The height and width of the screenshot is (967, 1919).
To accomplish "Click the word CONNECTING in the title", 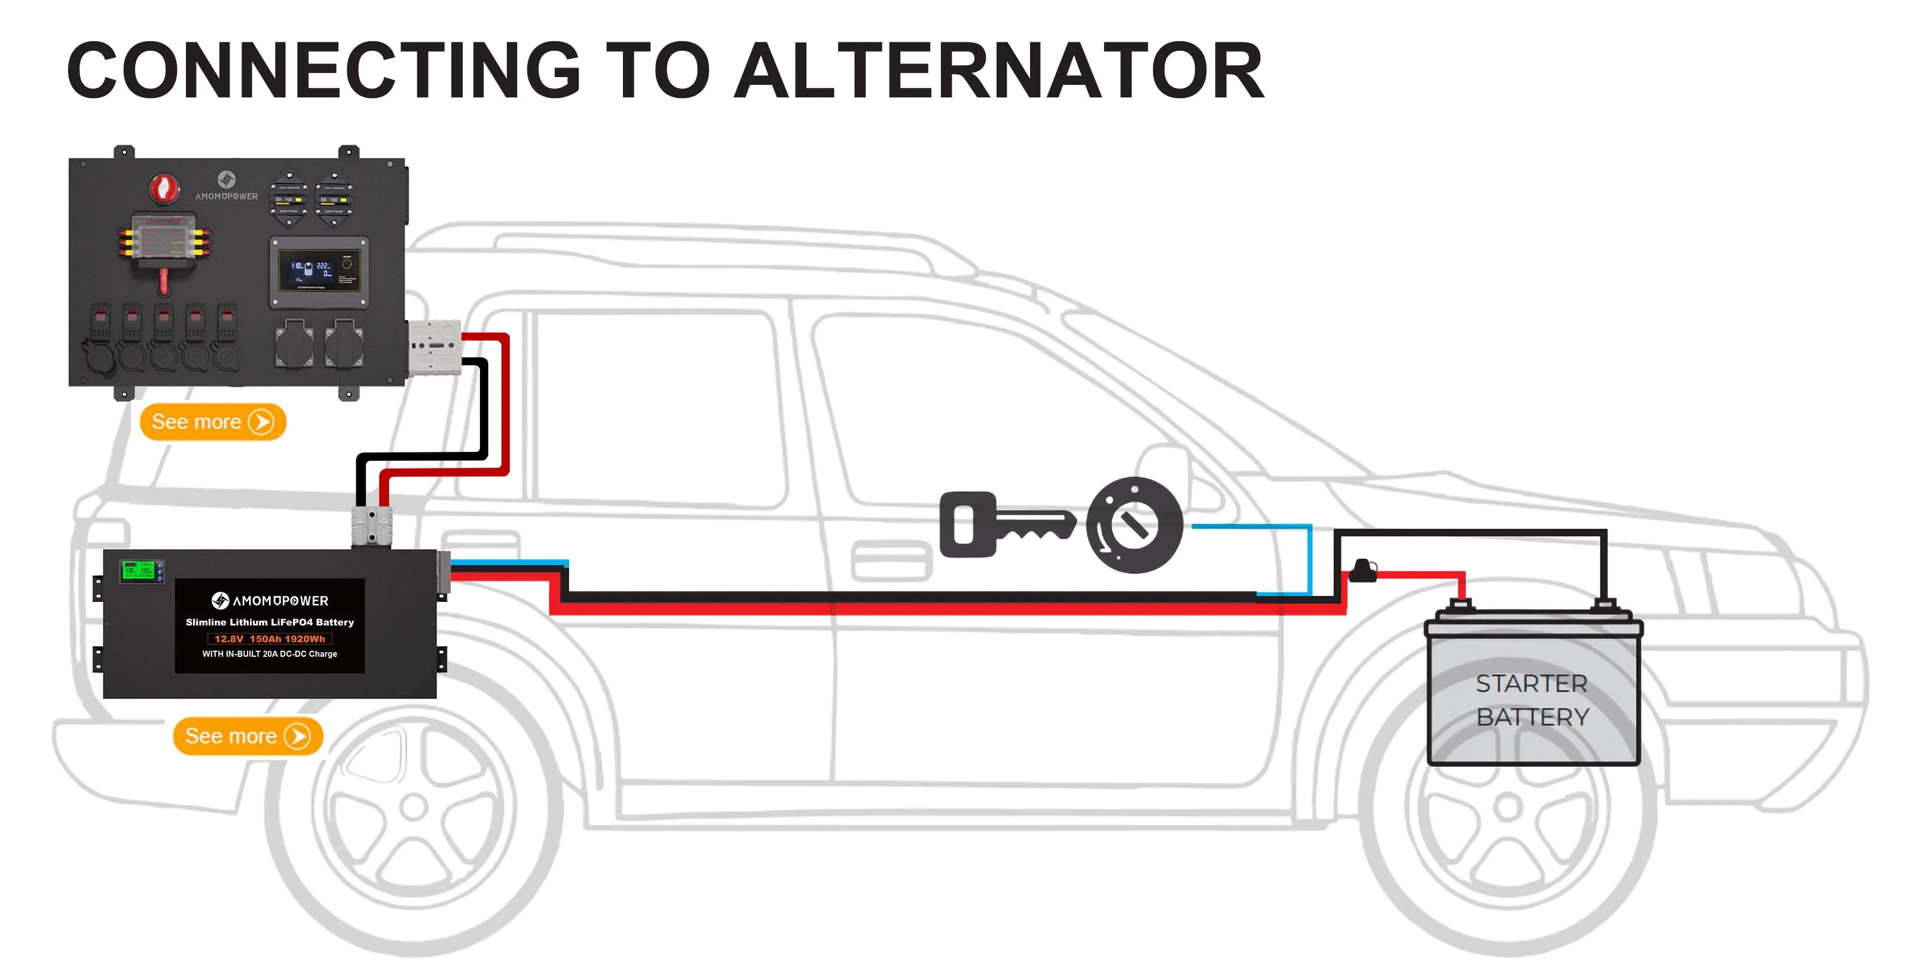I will coord(323,71).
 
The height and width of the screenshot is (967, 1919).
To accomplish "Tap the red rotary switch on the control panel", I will coord(164,189).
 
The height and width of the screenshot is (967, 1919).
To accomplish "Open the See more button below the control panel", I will coord(213,423).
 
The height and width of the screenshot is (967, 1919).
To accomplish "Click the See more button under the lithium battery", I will coord(247,737).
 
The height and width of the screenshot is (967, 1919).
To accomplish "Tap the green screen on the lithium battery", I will coord(139,571).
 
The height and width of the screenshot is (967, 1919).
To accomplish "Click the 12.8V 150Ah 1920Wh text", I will coord(270,638).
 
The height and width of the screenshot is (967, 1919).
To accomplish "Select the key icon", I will coord(1006,525).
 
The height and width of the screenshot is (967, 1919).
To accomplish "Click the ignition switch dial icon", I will coord(1134,525).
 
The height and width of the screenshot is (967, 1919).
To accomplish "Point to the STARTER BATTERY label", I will coord(1532,700).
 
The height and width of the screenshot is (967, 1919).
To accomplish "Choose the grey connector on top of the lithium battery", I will coord(372,525).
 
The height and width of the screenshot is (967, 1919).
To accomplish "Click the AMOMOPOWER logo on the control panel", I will coord(227,186).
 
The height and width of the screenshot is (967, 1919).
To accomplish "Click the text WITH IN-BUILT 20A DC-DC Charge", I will coord(270,654).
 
